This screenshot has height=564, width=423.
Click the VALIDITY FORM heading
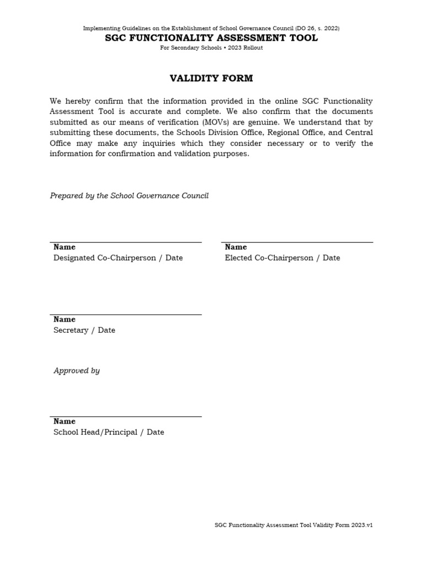[x=211, y=78]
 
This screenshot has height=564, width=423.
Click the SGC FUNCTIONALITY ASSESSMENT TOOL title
[x=211, y=38]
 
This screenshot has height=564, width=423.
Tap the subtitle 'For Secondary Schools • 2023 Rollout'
[x=211, y=48]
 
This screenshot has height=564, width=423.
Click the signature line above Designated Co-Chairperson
[x=126, y=242]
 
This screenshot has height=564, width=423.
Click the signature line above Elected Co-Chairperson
[x=297, y=242]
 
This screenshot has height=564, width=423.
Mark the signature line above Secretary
[x=126, y=314]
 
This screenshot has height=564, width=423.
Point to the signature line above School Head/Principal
[x=126, y=416]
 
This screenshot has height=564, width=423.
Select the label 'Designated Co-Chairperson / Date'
[x=118, y=258]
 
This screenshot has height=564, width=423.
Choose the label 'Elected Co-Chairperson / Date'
[x=282, y=258]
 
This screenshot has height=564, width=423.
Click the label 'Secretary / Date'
[x=84, y=330]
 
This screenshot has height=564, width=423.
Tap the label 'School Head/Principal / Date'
[x=109, y=432]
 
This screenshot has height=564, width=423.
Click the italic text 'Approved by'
[x=77, y=371]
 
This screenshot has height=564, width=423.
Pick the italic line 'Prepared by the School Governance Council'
[x=129, y=196]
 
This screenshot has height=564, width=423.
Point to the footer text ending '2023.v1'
[x=294, y=525]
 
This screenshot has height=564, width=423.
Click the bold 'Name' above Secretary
[x=64, y=319]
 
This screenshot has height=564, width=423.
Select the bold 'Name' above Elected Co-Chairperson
[x=236, y=247]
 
